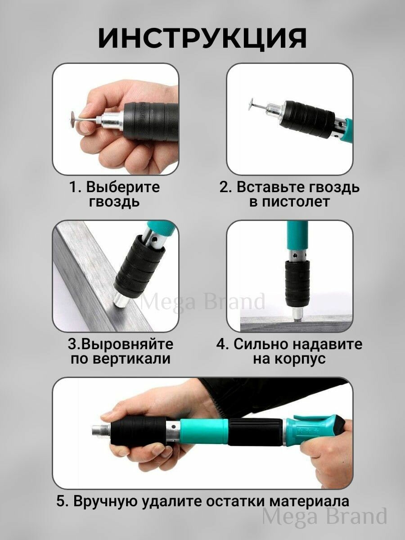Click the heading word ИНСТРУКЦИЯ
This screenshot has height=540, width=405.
pyautogui.click(x=202, y=38)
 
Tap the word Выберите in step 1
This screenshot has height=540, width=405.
pyautogui.click(x=123, y=187)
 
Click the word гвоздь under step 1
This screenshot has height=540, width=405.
pyautogui.click(x=114, y=202)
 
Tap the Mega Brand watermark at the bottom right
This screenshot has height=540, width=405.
pyautogui.click(x=324, y=517)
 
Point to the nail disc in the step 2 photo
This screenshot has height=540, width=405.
pyautogui.click(x=253, y=104)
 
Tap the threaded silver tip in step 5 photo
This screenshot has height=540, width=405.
pyautogui.click(x=100, y=431)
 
